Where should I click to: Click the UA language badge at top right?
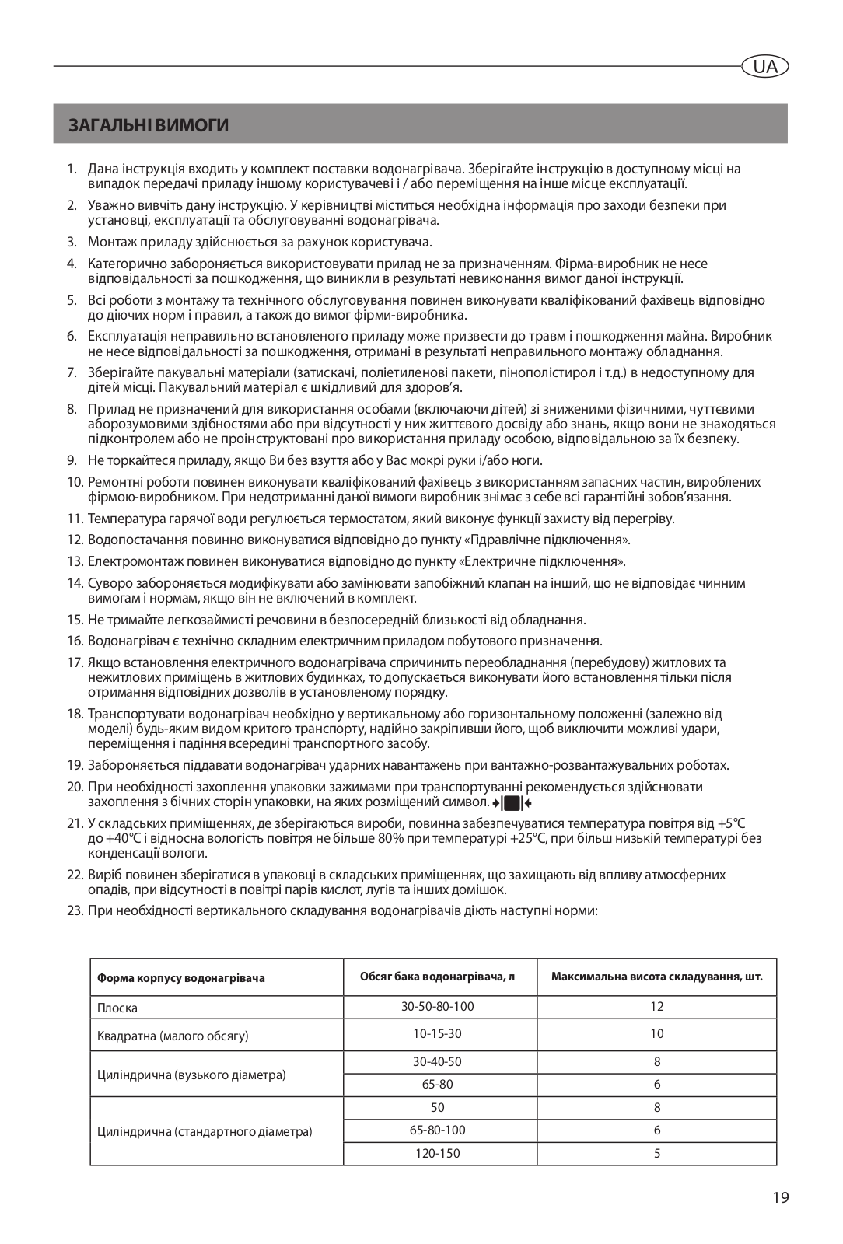(764, 67)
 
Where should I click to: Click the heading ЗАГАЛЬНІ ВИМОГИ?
(149, 124)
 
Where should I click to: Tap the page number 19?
(781, 1197)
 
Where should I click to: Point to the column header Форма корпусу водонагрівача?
(180, 978)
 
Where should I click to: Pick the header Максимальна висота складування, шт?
(657, 977)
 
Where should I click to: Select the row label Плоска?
(117, 1008)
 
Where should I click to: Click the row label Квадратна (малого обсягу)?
(173, 1036)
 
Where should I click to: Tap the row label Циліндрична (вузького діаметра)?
(191, 1075)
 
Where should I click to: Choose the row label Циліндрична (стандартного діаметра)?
(205, 1132)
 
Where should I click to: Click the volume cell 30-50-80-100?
(438, 1007)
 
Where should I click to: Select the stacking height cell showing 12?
(657, 1007)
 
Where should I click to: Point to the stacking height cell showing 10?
(657, 1034)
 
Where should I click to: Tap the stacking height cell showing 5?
(657, 1154)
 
